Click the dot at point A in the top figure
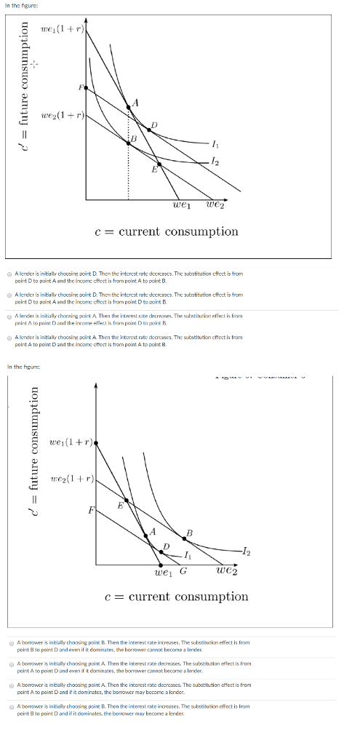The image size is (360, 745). point(129,106)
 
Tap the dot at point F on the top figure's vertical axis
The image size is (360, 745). point(86,87)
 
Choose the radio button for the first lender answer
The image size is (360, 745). point(9,274)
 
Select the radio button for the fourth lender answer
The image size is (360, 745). point(9,338)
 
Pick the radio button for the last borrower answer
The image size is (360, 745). point(9,706)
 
